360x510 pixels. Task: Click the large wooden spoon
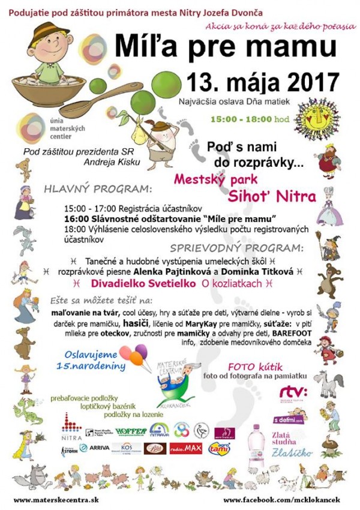[x=96, y=97]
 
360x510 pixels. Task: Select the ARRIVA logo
[x=95, y=448]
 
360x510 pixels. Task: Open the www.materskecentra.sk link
[x=50, y=499]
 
